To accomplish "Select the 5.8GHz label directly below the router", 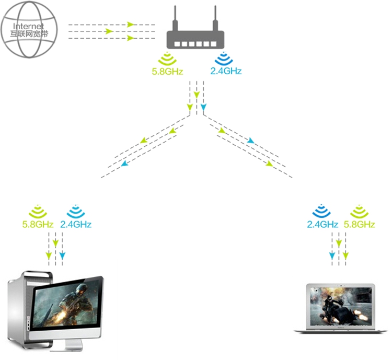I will [x=167, y=71].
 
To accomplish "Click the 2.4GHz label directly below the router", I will [x=226, y=71].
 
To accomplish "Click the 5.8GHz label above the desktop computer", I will [x=38, y=225].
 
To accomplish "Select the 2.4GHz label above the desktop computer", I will [x=76, y=225].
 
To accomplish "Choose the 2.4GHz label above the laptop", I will [x=322, y=225].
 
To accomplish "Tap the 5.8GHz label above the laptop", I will [x=360, y=225].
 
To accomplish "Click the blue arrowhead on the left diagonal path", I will [x=124, y=164].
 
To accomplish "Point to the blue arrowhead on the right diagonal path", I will [x=251, y=141].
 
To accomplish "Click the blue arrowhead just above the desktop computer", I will [x=62, y=256].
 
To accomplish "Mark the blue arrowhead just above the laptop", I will [x=331, y=256].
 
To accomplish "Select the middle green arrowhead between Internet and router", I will [x=109, y=31].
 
